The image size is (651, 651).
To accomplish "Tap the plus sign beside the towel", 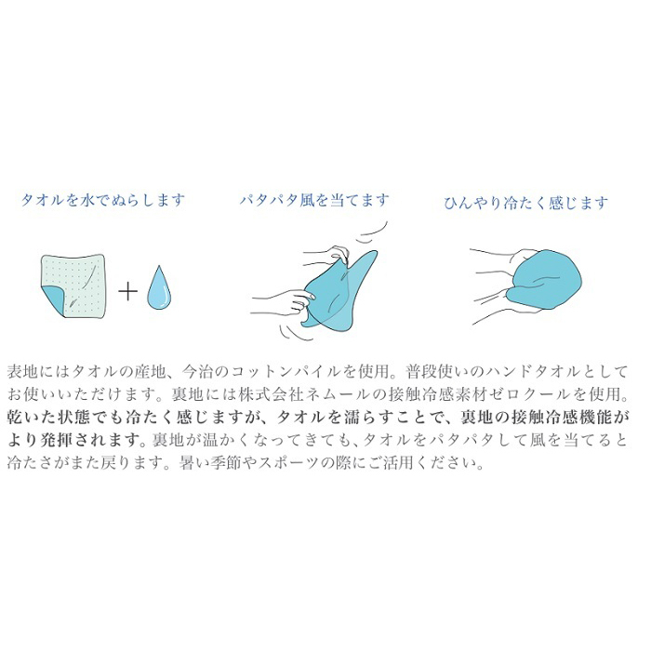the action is (127, 290).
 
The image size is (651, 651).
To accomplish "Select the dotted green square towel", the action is (73, 286).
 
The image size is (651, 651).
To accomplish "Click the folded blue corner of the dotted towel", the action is (52, 300).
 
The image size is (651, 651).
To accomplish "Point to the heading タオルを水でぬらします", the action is (102, 200).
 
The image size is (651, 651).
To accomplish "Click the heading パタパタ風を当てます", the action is (314, 200).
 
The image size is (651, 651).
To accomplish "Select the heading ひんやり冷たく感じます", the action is (525, 204).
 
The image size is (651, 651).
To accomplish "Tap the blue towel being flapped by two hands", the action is (337, 290).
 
